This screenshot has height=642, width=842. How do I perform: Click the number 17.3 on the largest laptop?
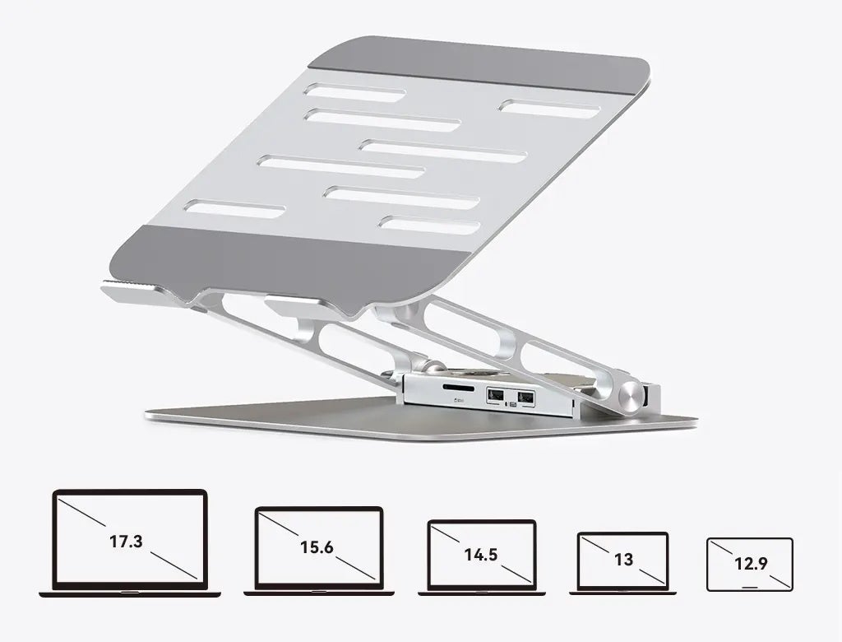point(126,541)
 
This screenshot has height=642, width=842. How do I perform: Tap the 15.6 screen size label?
point(317,547)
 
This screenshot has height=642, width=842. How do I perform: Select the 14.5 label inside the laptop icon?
point(481,555)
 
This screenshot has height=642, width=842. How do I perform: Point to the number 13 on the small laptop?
point(623,560)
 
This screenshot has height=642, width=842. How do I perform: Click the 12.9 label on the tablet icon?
point(751,564)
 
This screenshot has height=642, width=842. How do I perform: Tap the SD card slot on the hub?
point(458,387)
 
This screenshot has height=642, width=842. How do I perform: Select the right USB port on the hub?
point(525,398)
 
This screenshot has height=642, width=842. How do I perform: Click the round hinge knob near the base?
point(631,396)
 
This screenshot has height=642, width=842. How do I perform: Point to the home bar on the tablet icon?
point(750,584)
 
